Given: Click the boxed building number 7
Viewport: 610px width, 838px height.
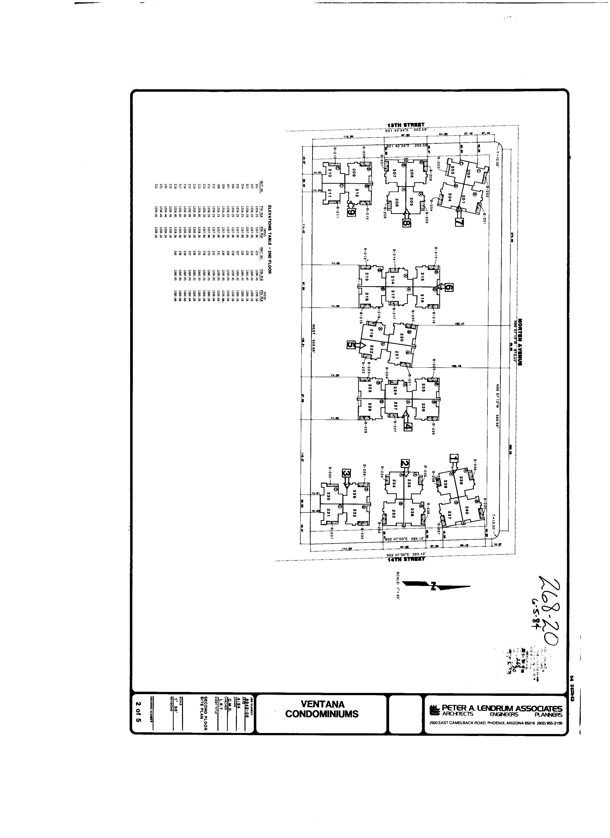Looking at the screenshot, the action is pyautogui.click(x=459, y=222).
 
